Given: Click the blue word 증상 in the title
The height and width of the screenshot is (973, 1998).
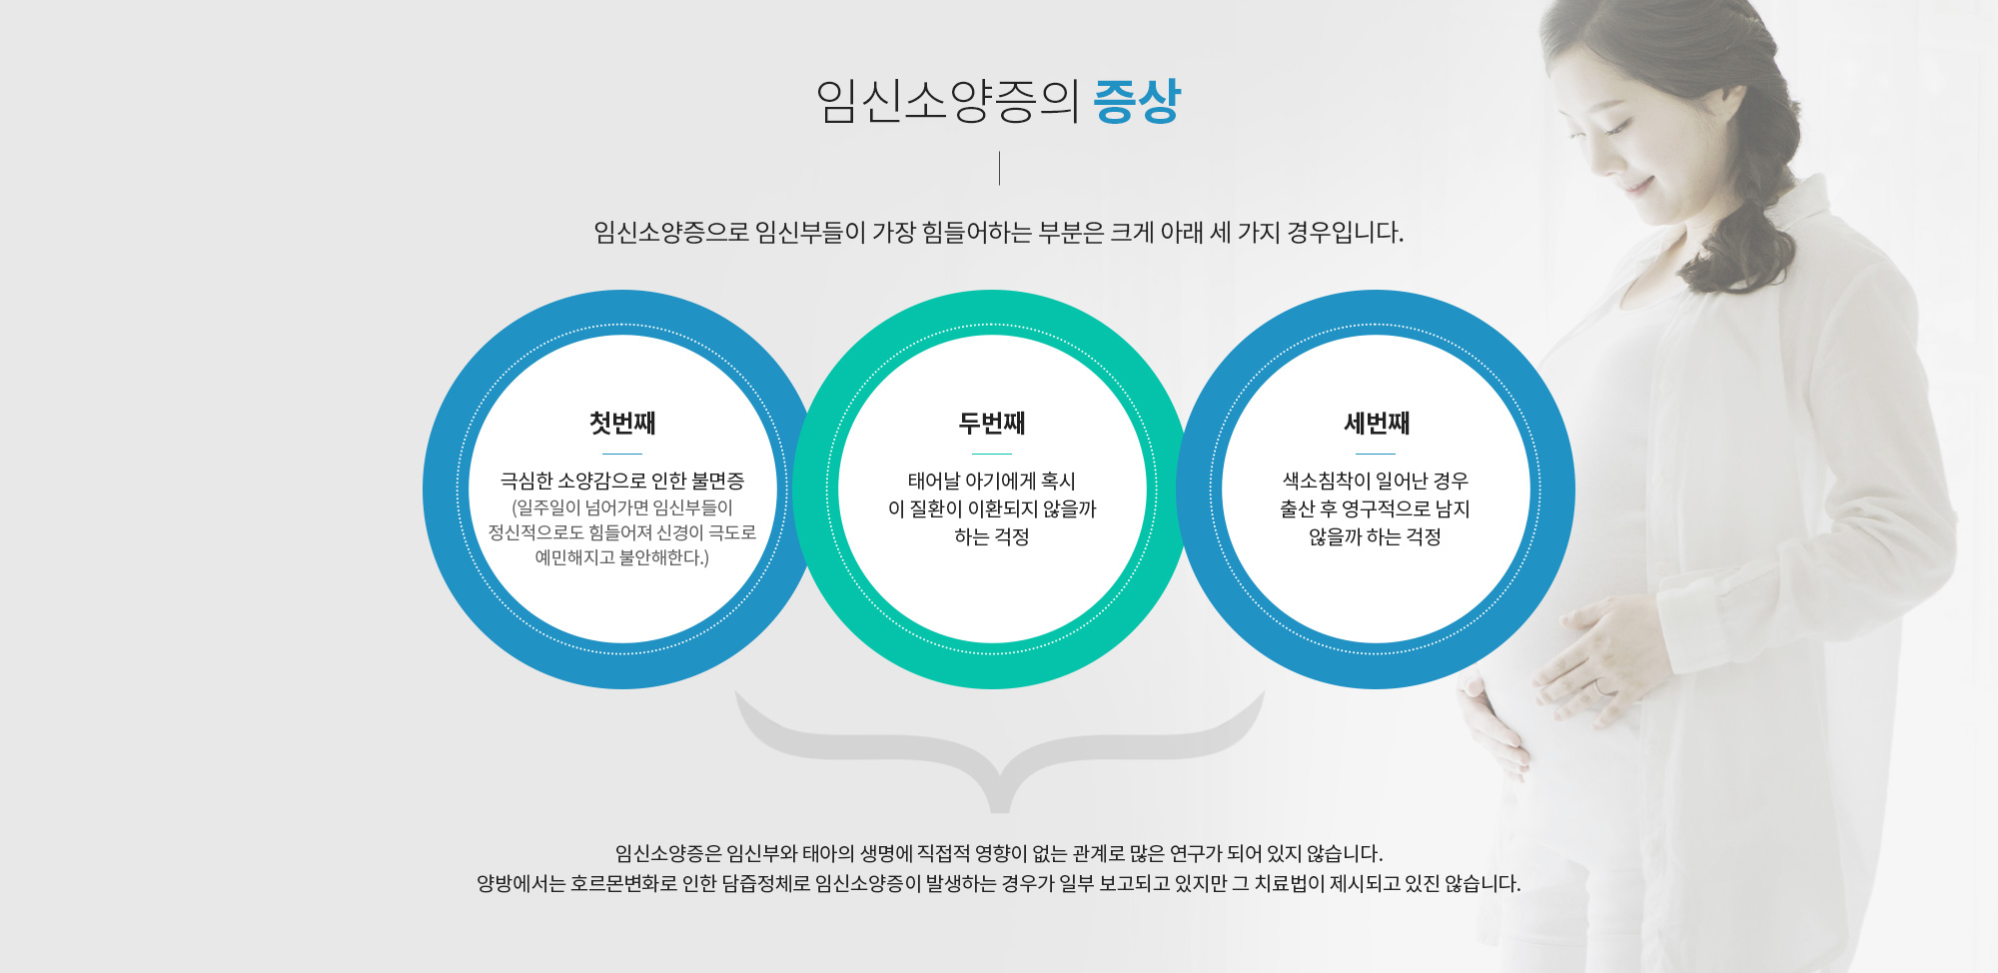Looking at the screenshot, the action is [1137, 101].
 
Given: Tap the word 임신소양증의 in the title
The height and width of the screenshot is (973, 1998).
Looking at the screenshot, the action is [948, 101].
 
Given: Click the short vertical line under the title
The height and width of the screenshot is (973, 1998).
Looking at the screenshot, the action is [999, 168].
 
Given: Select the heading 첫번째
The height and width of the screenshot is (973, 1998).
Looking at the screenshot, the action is [622, 423].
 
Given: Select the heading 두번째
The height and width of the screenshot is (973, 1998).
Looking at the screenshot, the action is [992, 423].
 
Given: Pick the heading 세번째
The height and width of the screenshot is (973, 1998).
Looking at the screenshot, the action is [1376, 423].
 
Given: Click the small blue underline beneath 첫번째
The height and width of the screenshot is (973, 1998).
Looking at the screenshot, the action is [622, 454].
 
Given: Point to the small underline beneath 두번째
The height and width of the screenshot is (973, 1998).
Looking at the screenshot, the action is [992, 454].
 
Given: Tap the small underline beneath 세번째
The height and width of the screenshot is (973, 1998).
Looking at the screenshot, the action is [1376, 454].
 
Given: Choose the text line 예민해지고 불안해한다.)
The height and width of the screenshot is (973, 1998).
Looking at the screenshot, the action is [622, 557].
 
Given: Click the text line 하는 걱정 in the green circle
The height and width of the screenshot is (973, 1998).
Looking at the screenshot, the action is [992, 536].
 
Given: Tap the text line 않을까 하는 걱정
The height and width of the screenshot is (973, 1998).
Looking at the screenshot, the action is [1376, 536].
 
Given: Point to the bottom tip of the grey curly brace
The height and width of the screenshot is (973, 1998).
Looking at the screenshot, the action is [1000, 811].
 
